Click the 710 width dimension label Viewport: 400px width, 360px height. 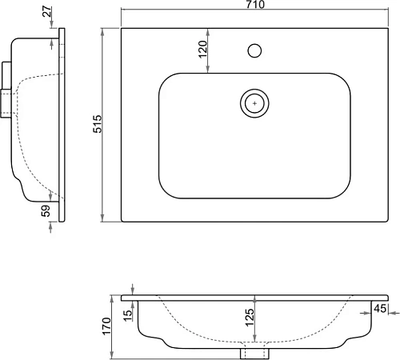pos(255,4)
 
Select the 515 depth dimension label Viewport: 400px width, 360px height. pos(98,124)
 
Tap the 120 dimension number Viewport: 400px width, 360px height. pos(202,49)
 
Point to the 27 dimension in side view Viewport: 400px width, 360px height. pos(47,11)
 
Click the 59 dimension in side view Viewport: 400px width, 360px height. pos(46,210)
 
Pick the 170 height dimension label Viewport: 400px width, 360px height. pos(106,326)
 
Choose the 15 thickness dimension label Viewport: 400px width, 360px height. pos(128,316)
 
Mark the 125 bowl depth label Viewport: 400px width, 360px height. pos(250,318)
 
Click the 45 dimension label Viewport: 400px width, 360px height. pos(380,309)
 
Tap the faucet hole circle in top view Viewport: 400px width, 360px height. pos(254,50)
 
